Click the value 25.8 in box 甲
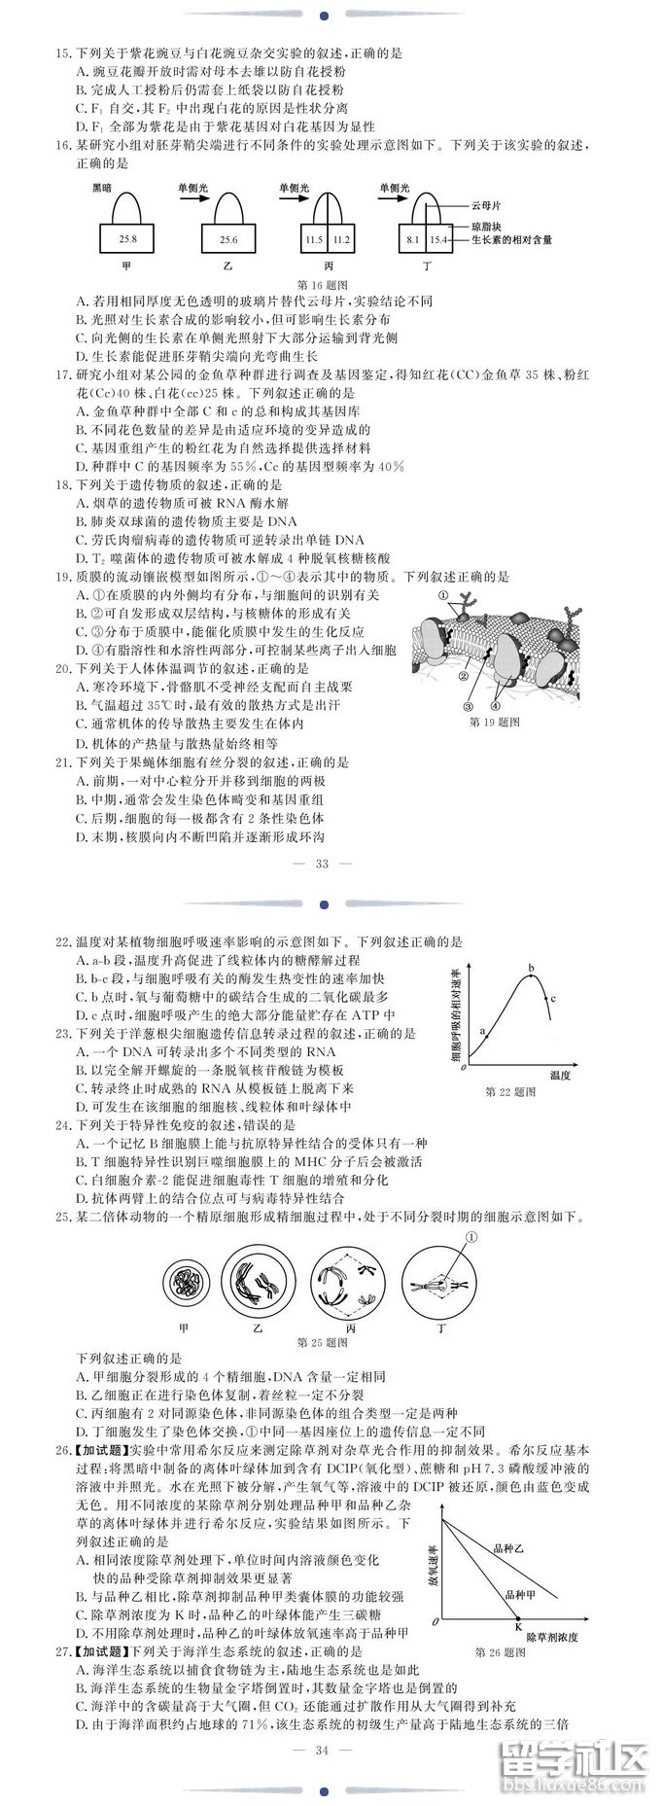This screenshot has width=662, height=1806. coord(128,238)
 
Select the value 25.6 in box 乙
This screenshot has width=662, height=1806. coord(228,238)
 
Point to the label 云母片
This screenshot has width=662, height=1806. coord(487,206)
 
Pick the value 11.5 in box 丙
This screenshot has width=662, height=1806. coord(314,238)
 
